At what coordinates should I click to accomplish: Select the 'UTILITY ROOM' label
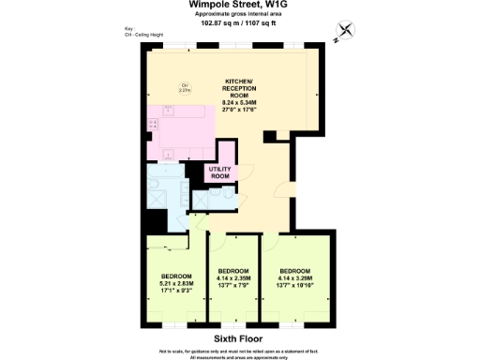(220, 172)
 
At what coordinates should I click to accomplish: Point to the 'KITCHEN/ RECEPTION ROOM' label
(239, 86)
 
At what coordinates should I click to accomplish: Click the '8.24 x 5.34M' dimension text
(239, 101)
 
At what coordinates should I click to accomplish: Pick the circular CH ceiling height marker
(185, 89)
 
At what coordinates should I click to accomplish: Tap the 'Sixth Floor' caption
(239, 337)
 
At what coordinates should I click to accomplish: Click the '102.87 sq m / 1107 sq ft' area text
(239, 23)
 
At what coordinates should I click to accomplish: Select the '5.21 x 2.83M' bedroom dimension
(176, 283)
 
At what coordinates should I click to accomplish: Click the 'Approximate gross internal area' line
(239, 15)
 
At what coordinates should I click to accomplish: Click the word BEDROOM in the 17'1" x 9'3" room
(176, 276)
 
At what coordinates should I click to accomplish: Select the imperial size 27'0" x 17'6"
(239, 109)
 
